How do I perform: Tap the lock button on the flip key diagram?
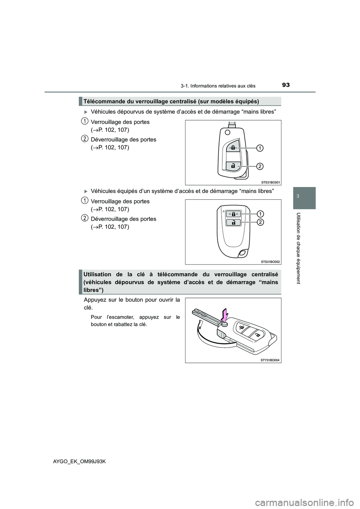coord(233,148)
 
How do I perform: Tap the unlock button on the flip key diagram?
coord(233,165)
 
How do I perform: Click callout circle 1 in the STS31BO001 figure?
coord(260,148)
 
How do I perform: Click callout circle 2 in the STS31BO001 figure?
coord(260,166)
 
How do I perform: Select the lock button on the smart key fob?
coord(233,214)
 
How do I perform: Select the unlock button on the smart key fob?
coord(233,223)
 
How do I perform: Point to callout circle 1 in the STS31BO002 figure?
coord(260,214)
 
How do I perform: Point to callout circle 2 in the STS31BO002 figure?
coord(260,223)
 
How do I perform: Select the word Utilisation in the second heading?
coord(99,274)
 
